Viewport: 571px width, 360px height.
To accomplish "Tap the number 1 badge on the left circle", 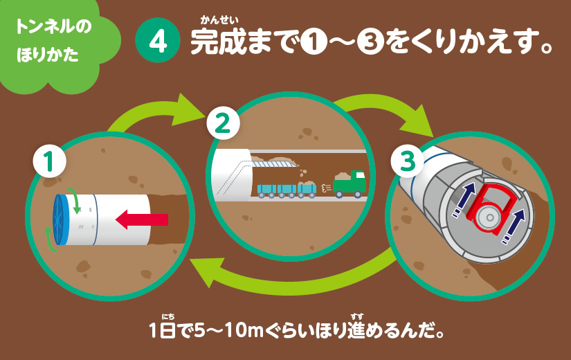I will click(x=50, y=164).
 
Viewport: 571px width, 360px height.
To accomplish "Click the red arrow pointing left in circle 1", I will click(x=142, y=220).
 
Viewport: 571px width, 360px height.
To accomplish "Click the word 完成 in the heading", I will click(x=215, y=43).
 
